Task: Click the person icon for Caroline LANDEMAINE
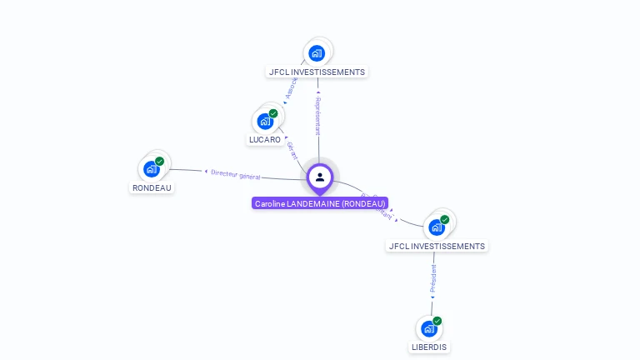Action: coord(320,177)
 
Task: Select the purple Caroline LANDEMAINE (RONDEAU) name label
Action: coord(320,203)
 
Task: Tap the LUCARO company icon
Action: coord(265,122)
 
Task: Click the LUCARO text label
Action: coord(265,140)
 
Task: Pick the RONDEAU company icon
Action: coord(152,169)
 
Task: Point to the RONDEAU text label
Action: coord(152,187)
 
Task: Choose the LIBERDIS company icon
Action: coord(429,328)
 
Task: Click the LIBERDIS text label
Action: coord(429,347)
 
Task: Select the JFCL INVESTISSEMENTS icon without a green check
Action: coord(317,53)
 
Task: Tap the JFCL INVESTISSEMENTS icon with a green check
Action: coord(437,227)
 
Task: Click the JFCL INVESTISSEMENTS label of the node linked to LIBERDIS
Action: coord(437,246)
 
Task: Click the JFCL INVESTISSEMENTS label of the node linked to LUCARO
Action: coord(317,72)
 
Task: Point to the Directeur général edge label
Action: coord(235,174)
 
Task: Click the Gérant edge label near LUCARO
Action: coord(292,150)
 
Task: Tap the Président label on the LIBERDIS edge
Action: coord(432,278)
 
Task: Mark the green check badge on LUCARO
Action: coord(273,113)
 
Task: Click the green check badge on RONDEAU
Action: coord(160,161)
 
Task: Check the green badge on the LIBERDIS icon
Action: coord(437,321)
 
